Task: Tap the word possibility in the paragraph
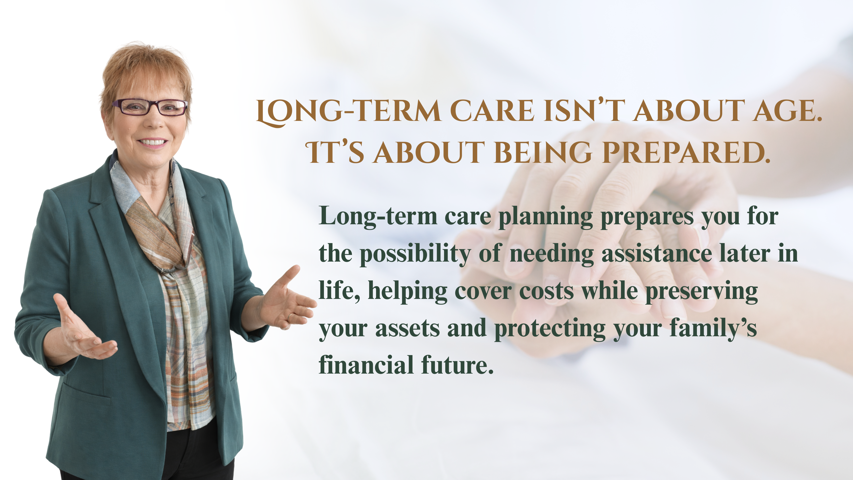(415, 255)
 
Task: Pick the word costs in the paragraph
(546, 292)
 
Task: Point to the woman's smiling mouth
(153, 143)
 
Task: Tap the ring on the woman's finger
(290, 318)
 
